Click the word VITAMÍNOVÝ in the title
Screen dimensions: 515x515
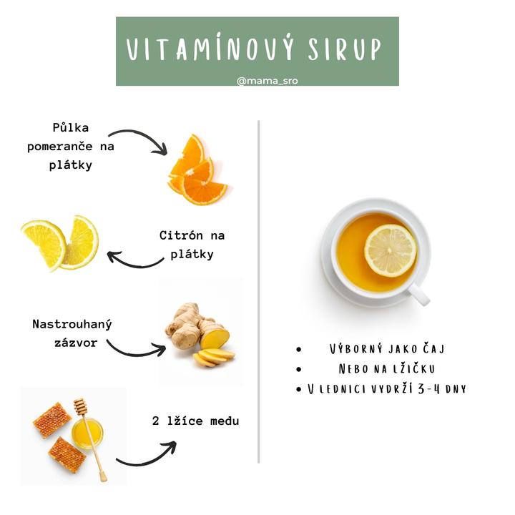pyautogui.click(x=210, y=49)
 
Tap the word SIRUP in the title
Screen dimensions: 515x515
pyautogui.click(x=345, y=49)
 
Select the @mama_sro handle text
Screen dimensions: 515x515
pyautogui.click(x=268, y=81)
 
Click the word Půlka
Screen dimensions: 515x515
pyautogui.click(x=71, y=127)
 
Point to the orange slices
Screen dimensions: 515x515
pyautogui.click(x=197, y=171)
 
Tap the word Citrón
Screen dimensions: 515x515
pyautogui.click(x=181, y=235)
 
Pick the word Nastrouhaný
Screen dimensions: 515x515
pyautogui.click(x=72, y=324)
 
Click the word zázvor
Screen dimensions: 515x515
pyautogui.click(x=76, y=343)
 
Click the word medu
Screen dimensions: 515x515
pyautogui.click(x=225, y=421)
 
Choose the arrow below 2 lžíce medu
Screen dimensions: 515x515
pyautogui.click(x=146, y=456)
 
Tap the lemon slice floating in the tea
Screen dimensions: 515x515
pyautogui.click(x=391, y=250)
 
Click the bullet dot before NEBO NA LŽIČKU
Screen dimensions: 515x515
pyautogui.click(x=298, y=369)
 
